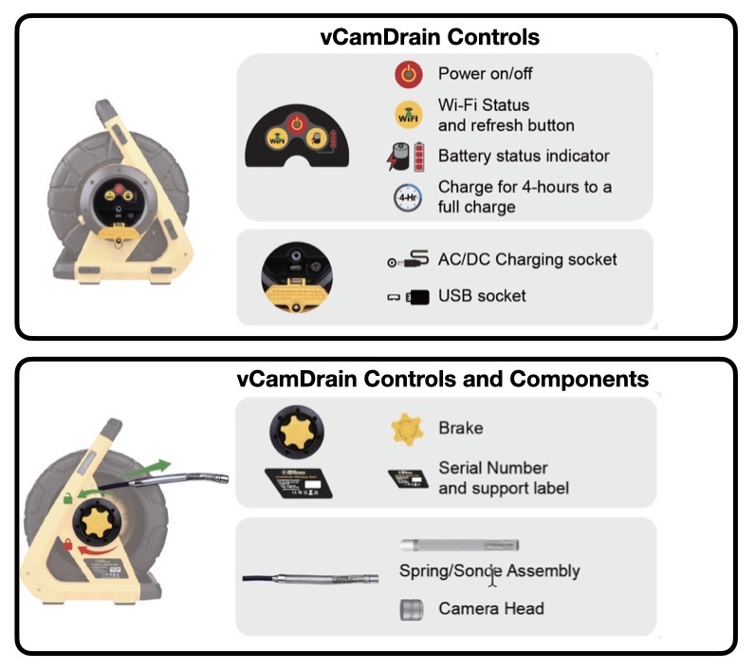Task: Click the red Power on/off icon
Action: click(x=408, y=73)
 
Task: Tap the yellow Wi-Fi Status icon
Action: click(x=408, y=115)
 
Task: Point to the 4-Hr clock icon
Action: click(x=407, y=196)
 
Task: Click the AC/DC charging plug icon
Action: click(x=407, y=259)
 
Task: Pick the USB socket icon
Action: click(x=407, y=297)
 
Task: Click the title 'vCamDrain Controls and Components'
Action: click(x=442, y=380)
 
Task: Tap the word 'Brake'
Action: click(x=460, y=428)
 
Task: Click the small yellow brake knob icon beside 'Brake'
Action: click(x=406, y=429)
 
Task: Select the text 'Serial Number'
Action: click(x=492, y=468)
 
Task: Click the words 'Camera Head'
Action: click(x=490, y=608)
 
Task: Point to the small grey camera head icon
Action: click(x=410, y=609)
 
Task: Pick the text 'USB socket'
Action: click(x=482, y=297)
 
